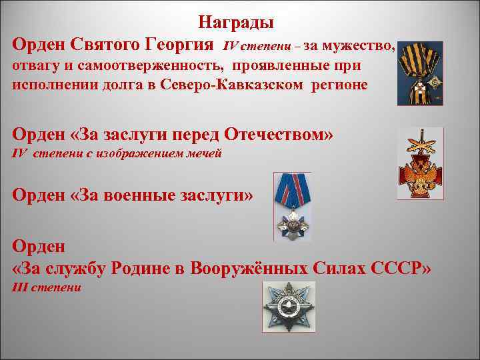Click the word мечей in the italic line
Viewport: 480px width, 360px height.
201,154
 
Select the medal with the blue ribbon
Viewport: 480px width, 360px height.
292,207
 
